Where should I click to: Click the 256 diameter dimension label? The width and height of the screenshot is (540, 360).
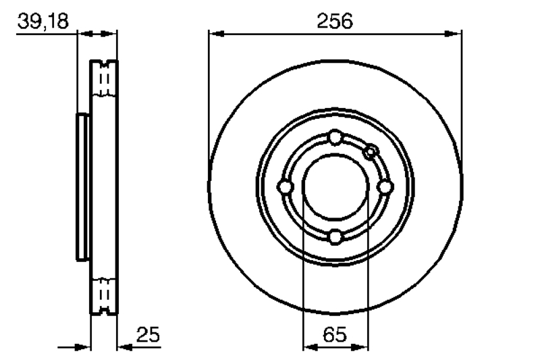[335, 21]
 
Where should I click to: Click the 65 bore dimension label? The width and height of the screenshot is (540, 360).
[335, 334]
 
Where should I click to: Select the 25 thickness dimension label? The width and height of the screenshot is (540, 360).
[148, 334]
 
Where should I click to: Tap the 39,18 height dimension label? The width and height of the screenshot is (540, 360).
[43, 21]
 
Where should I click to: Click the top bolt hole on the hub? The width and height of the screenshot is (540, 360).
[335, 137]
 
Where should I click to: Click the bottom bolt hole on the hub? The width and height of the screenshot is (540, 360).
[335, 237]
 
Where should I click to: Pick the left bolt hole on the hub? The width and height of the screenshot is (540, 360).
[285, 187]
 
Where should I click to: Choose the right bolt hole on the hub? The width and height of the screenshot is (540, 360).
[385, 187]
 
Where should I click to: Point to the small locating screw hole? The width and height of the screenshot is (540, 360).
[371, 151]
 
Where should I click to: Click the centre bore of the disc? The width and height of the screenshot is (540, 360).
[335, 187]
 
